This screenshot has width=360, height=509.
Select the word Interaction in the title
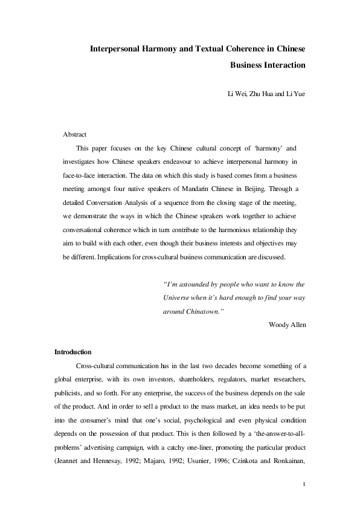pos(283,64)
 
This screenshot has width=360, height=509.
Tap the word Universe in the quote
pos(178,297)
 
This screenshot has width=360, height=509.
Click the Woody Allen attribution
pos(287,325)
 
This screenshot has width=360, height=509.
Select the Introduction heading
pos(73,352)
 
